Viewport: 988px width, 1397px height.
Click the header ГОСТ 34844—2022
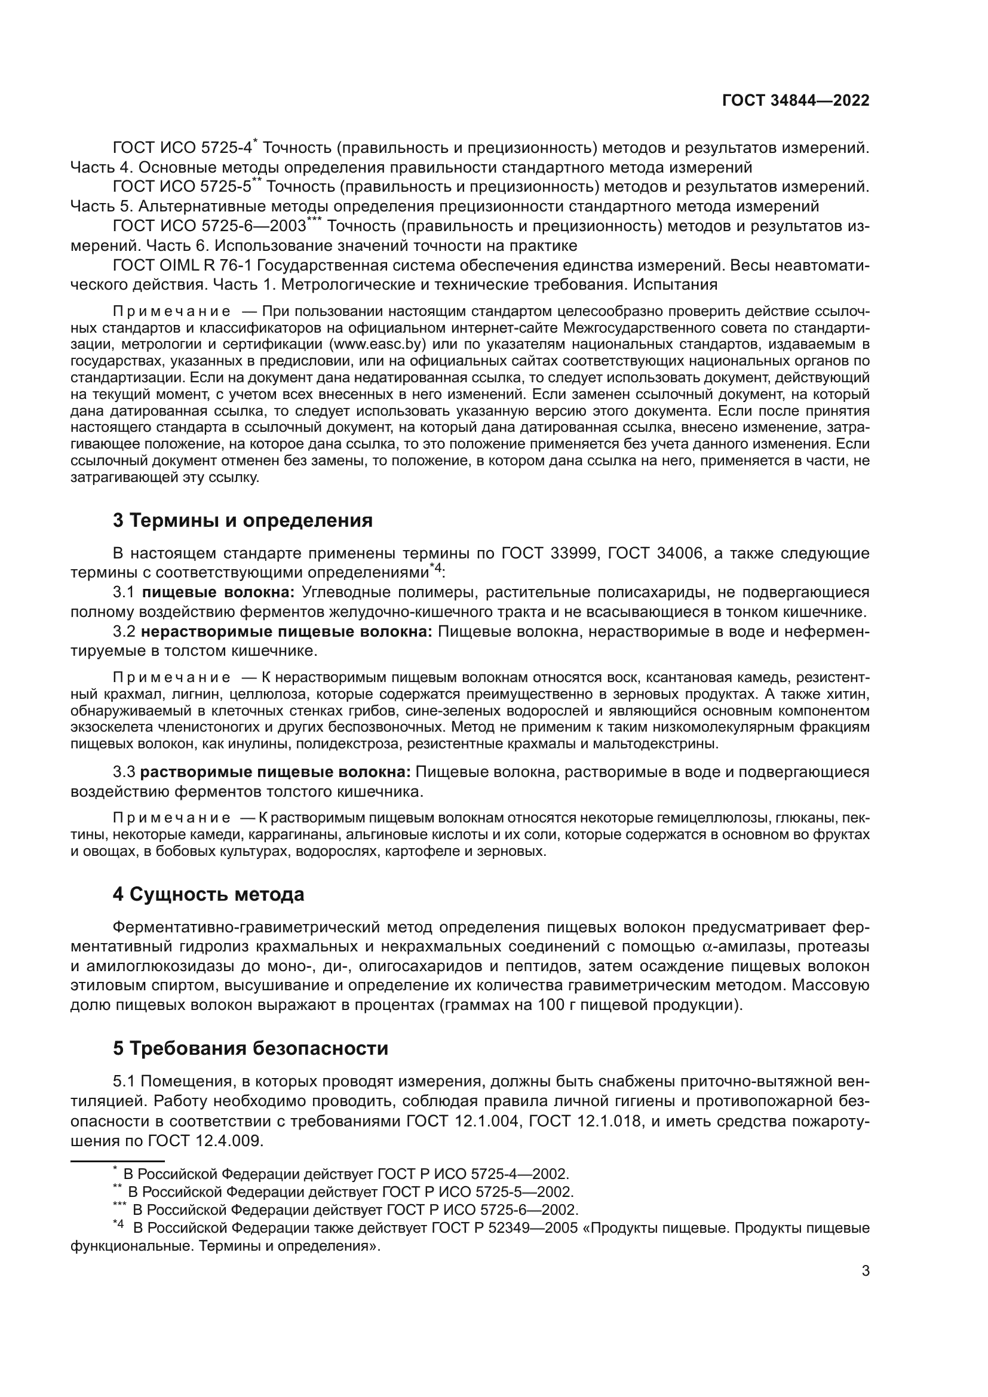(795, 101)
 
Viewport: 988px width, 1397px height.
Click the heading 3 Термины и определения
(242, 520)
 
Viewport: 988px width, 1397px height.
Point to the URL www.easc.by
(377, 345)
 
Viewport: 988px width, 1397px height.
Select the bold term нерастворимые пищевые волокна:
(286, 631)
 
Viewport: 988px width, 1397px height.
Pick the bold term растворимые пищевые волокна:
(275, 772)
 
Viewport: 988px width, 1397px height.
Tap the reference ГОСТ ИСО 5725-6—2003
(209, 226)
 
